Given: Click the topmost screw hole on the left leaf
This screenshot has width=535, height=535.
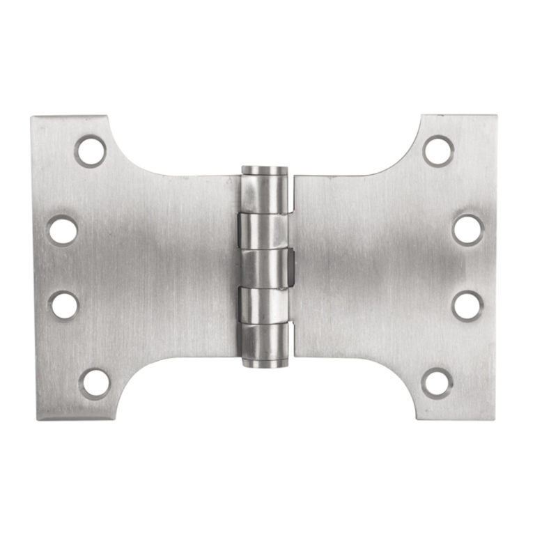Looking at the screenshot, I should tap(91, 151).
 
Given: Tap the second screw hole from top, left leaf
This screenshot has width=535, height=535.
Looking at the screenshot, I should tap(63, 230).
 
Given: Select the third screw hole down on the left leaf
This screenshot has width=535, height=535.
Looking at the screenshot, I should tap(64, 304).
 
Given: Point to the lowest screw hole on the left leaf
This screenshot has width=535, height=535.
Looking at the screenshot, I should tap(95, 382).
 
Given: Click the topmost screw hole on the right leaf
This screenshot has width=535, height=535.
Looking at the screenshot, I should tap(438, 150).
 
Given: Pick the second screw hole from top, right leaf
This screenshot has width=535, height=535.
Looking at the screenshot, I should tap(467, 229).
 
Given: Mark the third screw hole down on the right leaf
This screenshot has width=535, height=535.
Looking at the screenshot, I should tap(467, 304).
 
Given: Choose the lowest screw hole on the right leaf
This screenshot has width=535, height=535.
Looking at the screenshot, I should tap(437, 382).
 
